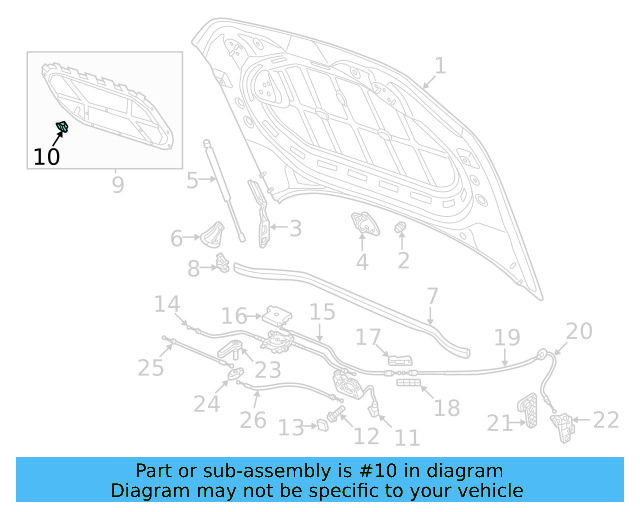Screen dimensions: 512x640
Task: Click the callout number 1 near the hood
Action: tap(440, 67)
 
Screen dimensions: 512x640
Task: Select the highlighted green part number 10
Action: tap(61, 127)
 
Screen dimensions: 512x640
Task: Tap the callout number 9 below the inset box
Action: tap(117, 185)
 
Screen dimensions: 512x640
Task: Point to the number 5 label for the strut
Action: tap(192, 181)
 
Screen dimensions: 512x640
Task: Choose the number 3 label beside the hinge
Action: tap(295, 229)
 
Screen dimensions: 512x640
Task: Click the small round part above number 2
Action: tap(402, 230)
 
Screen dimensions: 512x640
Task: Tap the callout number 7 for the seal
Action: tap(432, 296)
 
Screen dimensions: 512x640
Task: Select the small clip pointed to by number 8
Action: tap(222, 265)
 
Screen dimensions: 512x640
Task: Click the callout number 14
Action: tap(166, 305)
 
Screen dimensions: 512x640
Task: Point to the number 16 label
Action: tap(234, 317)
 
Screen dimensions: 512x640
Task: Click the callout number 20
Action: tap(579, 331)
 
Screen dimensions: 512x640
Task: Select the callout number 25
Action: tap(150, 368)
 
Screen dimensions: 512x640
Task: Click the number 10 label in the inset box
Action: tap(46, 156)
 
